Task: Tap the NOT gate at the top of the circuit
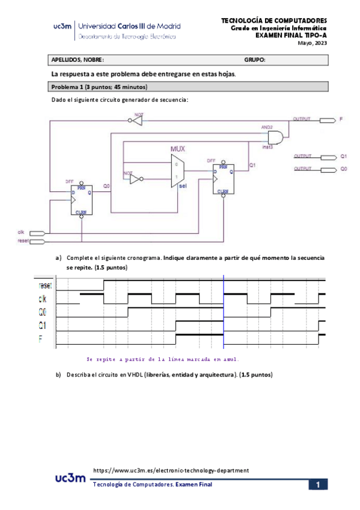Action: coord(138,121)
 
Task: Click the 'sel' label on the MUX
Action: coord(183,186)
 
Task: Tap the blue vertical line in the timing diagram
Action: coord(224,313)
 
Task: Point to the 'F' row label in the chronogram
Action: coord(40,339)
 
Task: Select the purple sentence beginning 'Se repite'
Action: coord(162,359)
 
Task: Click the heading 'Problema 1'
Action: coord(69,87)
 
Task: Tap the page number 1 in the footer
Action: coord(318,485)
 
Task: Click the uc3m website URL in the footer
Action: coord(171,470)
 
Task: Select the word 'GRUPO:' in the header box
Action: coord(255,60)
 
